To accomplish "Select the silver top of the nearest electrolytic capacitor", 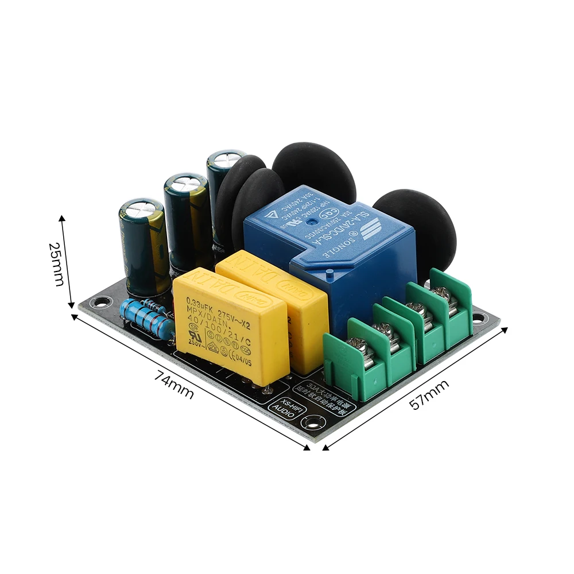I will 137,210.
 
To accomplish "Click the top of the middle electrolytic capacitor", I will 185,184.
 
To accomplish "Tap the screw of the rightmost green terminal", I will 441,294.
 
